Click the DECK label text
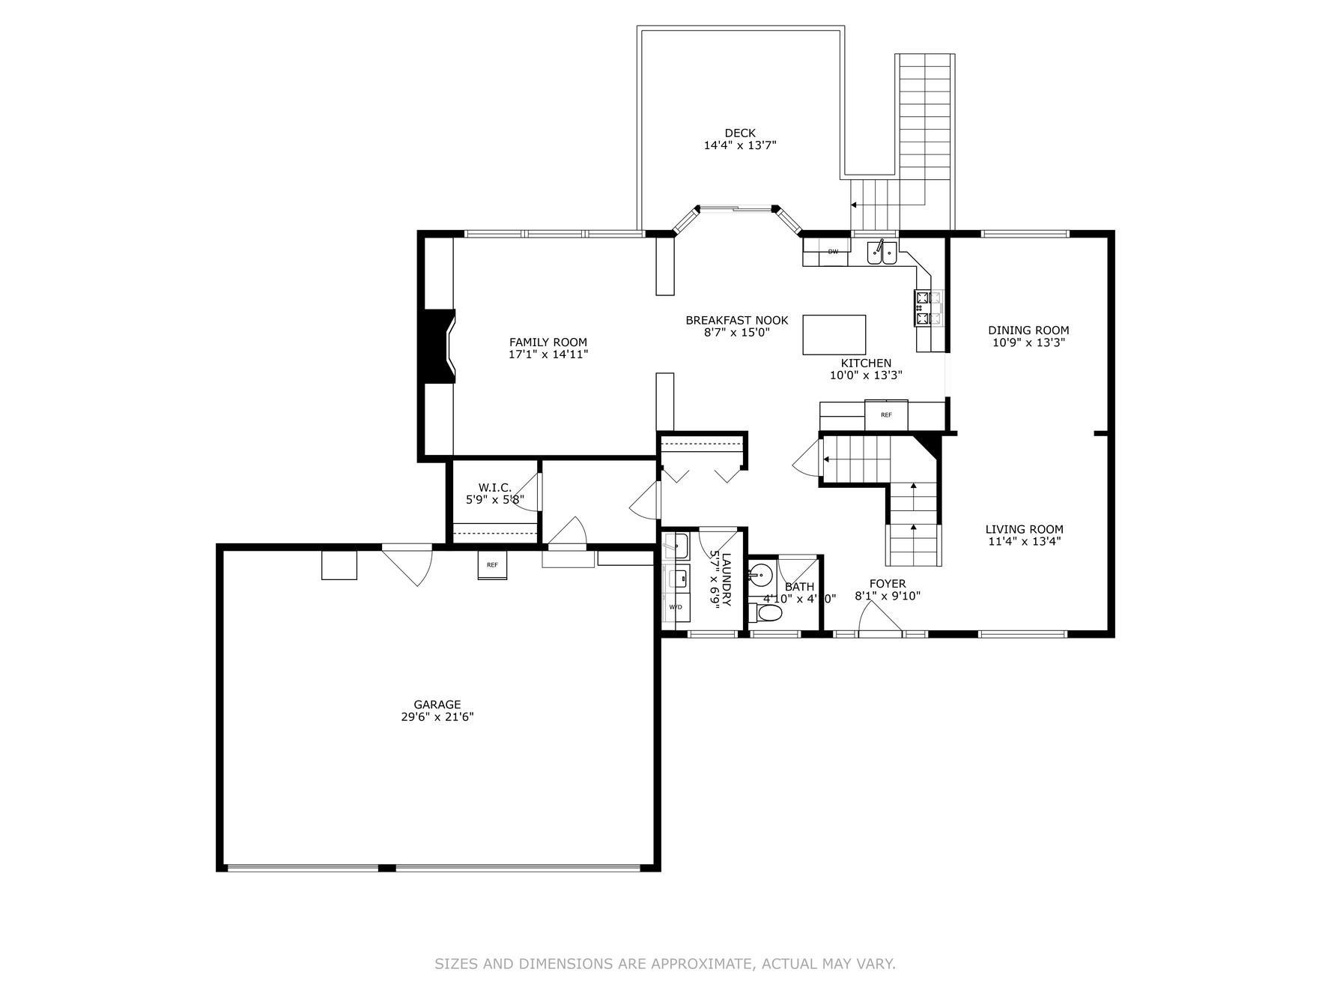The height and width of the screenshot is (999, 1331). (x=739, y=133)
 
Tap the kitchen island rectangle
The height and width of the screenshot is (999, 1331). (x=834, y=334)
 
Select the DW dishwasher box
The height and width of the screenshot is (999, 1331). (x=832, y=252)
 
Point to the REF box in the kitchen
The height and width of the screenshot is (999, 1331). (x=886, y=414)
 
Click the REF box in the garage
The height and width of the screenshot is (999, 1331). (x=492, y=565)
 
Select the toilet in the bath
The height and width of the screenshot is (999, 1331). (x=768, y=614)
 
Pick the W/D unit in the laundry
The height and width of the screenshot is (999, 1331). (x=676, y=607)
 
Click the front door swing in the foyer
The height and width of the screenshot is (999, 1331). (x=877, y=619)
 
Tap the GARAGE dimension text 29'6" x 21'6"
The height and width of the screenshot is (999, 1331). (x=437, y=717)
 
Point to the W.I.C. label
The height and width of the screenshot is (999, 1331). (x=495, y=487)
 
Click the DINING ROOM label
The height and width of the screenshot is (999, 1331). (x=1028, y=330)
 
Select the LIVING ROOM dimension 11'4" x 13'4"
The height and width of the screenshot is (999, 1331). (x=1023, y=541)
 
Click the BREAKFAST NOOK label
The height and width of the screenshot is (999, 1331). (x=736, y=320)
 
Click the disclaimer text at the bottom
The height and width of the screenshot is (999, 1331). (x=664, y=964)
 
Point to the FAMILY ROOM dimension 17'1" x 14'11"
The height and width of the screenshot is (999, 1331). (x=548, y=354)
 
